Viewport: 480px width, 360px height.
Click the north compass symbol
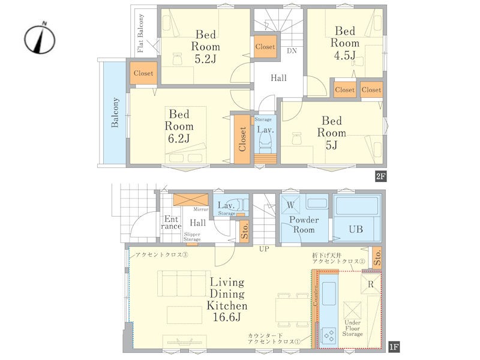point(40,38)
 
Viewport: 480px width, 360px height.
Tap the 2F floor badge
point(381,176)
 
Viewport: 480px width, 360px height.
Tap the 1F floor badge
point(394,347)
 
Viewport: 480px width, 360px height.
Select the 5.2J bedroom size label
point(205,58)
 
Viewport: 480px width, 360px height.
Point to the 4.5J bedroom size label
point(344,55)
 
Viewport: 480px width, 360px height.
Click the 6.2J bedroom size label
point(179,139)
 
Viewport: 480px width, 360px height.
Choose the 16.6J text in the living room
point(227,317)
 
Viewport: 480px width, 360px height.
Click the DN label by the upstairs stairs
point(292,51)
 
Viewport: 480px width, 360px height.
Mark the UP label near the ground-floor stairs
point(264,249)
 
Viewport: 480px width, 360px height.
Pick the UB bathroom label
point(356,229)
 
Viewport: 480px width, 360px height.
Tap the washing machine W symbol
point(290,205)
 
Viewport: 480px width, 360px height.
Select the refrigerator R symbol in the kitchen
point(371,284)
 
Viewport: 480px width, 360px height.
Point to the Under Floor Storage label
point(352,328)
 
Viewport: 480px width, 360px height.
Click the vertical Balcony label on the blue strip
point(115,112)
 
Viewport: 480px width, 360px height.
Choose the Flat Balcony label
point(140,33)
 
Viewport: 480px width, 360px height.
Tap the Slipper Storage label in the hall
point(192,236)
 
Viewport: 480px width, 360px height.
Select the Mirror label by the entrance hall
point(201,209)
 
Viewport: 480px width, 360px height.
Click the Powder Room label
point(304,224)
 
